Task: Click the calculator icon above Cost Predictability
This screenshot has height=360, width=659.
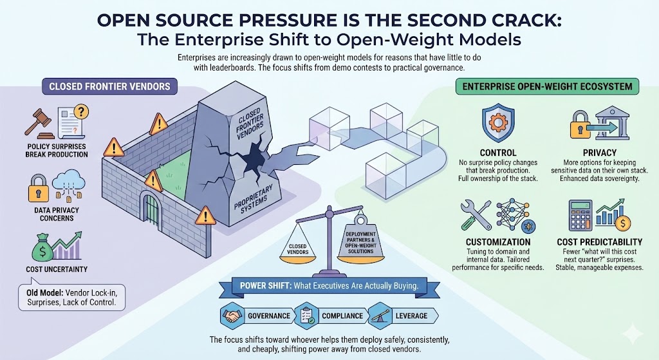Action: tap(582, 213)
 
